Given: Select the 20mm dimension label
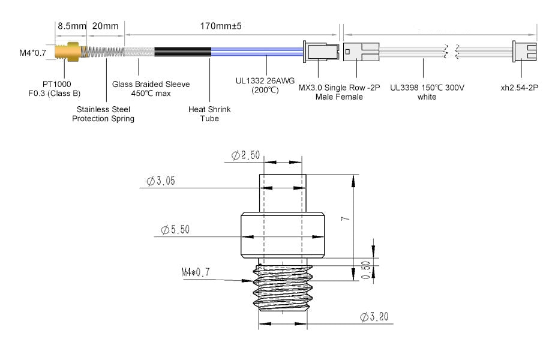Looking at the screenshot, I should pos(106,26).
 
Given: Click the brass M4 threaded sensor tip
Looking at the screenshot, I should pos(67,52).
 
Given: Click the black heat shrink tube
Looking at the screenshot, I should pos(182,52).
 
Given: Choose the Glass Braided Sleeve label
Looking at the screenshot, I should pos(151,88).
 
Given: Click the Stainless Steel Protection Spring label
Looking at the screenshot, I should pos(103,114).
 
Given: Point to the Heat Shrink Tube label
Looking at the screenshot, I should pos(209,114).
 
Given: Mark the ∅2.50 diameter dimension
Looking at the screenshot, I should pos(246,156).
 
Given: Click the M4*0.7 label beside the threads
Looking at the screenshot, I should pos(196,272).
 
